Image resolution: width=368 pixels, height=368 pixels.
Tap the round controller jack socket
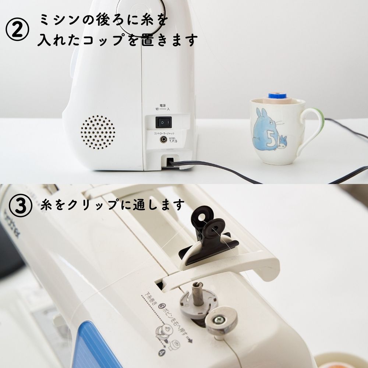(x=162, y=139)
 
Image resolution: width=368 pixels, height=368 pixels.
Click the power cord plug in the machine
(x=170, y=161)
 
